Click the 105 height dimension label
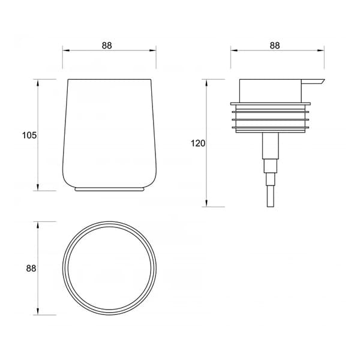(29, 136)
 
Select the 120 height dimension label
(198, 143)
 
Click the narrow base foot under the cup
(109, 190)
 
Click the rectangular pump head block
(270, 90)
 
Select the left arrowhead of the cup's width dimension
(65, 52)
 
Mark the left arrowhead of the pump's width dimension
(233, 52)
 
